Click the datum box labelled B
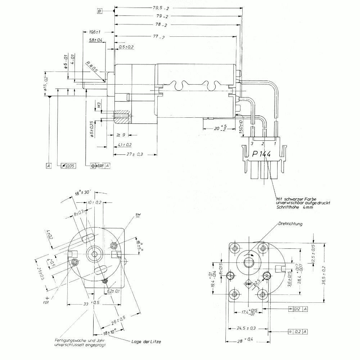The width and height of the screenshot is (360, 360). pyautogui.click(x=99, y=11)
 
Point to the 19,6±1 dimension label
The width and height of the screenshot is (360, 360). pyautogui.click(x=94, y=32)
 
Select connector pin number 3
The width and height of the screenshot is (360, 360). pyautogui.click(x=253, y=144)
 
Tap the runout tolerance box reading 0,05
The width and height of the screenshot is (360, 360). pyautogui.click(x=68, y=166)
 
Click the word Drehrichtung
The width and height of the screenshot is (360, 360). pyautogui.click(x=290, y=224)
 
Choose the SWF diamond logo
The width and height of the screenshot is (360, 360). pyautogui.click(x=248, y=284)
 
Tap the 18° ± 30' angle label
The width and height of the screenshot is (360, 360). pyautogui.click(x=83, y=193)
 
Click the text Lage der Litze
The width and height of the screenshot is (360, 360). pyautogui.click(x=146, y=341)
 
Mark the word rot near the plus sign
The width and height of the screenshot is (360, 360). pyautogui.click(x=46, y=303)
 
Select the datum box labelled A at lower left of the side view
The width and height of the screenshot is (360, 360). pyautogui.click(x=49, y=166)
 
